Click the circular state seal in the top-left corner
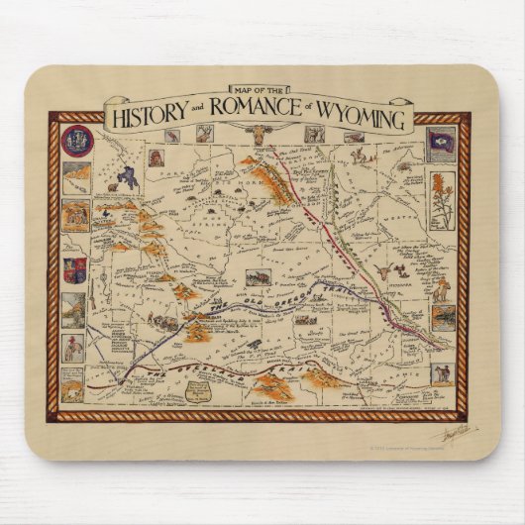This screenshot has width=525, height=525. tap(76, 141)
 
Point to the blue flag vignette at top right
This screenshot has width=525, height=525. tap(442, 142)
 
